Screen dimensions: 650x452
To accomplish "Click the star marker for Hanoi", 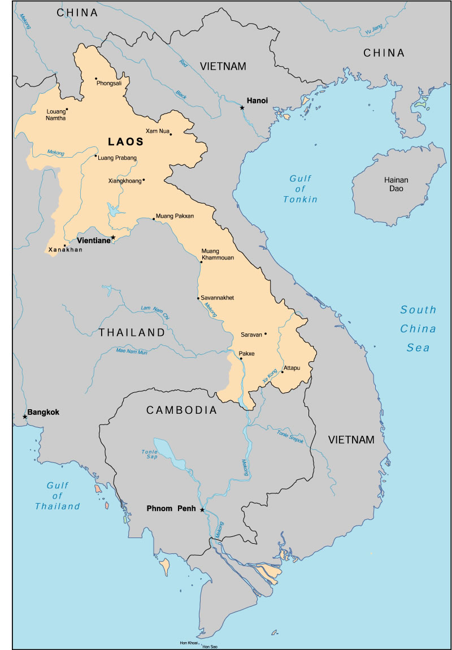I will point(242,107).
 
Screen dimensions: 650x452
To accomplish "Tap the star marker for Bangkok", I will point(25,417).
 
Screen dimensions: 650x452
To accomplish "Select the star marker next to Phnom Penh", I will point(202,509).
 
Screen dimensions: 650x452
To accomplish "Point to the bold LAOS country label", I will point(125,142).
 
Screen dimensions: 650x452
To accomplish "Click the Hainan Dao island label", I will point(396,184).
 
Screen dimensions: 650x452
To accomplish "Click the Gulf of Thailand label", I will point(57,496).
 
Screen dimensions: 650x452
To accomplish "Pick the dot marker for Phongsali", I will point(97,79).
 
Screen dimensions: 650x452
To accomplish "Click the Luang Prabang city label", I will point(118,158).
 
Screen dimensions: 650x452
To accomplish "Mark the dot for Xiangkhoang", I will point(144,180).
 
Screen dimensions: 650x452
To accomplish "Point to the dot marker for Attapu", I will point(282,372).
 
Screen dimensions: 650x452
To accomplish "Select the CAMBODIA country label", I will point(181,410).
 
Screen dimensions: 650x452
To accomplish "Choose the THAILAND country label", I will point(132,333).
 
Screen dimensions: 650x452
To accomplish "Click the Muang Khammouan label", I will point(218,254).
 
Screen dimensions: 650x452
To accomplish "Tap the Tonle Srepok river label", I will point(290,436).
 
